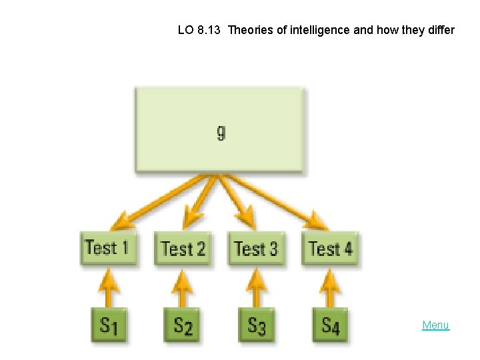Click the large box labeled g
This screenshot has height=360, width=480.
pyautogui.click(x=220, y=130)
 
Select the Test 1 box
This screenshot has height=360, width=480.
pyautogui.click(x=108, y=248)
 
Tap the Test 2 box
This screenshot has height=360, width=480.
pyautogui.click(x=183, y=249)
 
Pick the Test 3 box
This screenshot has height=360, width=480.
pyautogui.click(x=256, y=249)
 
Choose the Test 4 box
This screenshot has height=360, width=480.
pyautogui.click(x=330, y=249)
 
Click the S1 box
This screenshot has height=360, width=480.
pyautogui.click(x=109, y=325)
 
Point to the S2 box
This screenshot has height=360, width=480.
pyautogui.click(x=183, y=325)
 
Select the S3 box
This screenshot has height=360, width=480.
pyautogui.click(x=257, y=325)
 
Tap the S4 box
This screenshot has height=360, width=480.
pyautogui.click(x=330, y=325)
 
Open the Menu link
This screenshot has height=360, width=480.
pyautogui.click(x=435, y=325)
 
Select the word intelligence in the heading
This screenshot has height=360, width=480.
pyautogui.click(x=318, y=30)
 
